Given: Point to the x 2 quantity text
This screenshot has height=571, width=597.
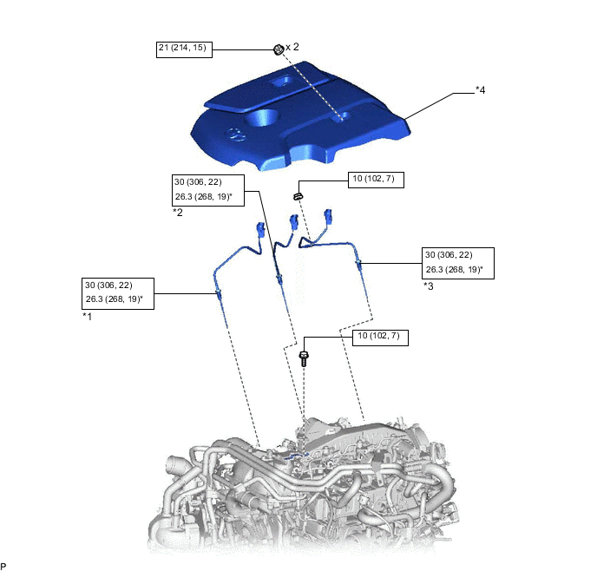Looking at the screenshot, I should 292,47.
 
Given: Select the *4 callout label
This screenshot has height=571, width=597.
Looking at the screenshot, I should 481,89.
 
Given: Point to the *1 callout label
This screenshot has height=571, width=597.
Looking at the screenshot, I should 88,317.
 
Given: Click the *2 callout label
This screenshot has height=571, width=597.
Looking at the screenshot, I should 177,212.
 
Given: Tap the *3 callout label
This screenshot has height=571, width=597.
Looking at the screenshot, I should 429,285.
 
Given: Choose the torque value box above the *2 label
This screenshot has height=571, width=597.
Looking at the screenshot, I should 208,189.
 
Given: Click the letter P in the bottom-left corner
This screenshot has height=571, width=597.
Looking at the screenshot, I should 4,565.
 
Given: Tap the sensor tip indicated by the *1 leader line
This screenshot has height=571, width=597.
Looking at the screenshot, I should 220,297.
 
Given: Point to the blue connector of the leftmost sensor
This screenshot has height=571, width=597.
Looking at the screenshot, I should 259,229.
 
